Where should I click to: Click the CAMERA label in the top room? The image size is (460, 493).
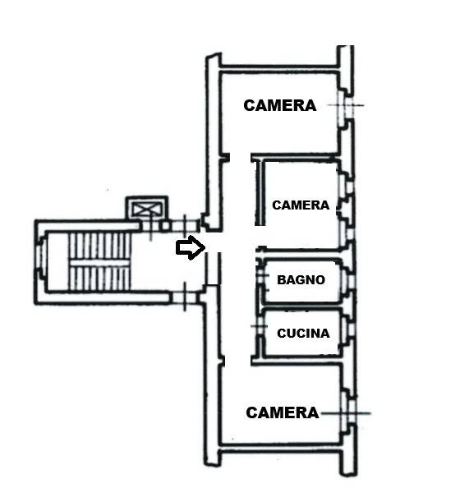click(x=279, y=105)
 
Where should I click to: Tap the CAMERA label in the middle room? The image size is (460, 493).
click(x=301, y=205)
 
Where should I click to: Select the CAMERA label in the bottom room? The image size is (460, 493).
click(x=282, y=412)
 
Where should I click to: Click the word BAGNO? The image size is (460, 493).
click(x=301, y=279)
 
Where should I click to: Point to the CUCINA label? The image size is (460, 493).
click(x=303, y=333)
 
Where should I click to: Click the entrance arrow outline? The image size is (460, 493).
click(x=191, y=247)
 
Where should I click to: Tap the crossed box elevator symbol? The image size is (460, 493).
click(x=147, y=209)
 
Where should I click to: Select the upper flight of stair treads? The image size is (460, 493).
click(x=99, y=246)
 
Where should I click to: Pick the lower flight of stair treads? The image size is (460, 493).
click(x=99, y=279)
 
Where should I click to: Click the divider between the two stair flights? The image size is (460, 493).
click(x=99, y=263)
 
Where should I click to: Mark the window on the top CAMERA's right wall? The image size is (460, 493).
click(x=345, y=105)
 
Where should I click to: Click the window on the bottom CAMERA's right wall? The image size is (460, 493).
click(x=348, y=412)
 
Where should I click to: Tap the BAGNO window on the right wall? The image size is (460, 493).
click(x=348, y=280)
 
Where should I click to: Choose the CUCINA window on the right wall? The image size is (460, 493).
click(x=348, y=329)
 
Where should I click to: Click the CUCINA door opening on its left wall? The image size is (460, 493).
click(x=260, y=326)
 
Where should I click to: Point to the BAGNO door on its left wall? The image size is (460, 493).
click(x=260, y=275)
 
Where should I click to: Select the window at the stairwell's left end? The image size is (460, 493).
click(x=39, y=256)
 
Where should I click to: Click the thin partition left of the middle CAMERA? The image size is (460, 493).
click(x=260, y=192)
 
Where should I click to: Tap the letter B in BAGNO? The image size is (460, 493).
click(x=281, y=279)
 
